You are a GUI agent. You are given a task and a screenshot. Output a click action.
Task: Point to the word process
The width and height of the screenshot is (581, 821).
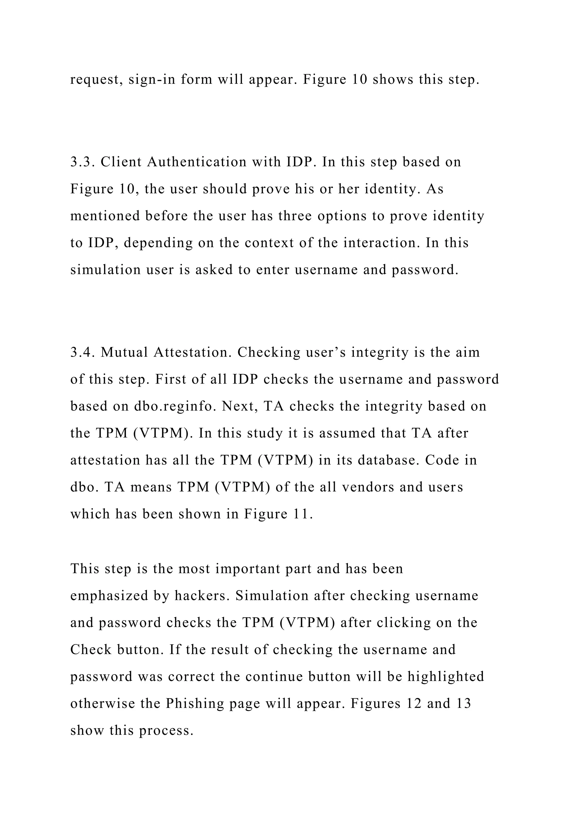pyautogui.click(x=166, y=731)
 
